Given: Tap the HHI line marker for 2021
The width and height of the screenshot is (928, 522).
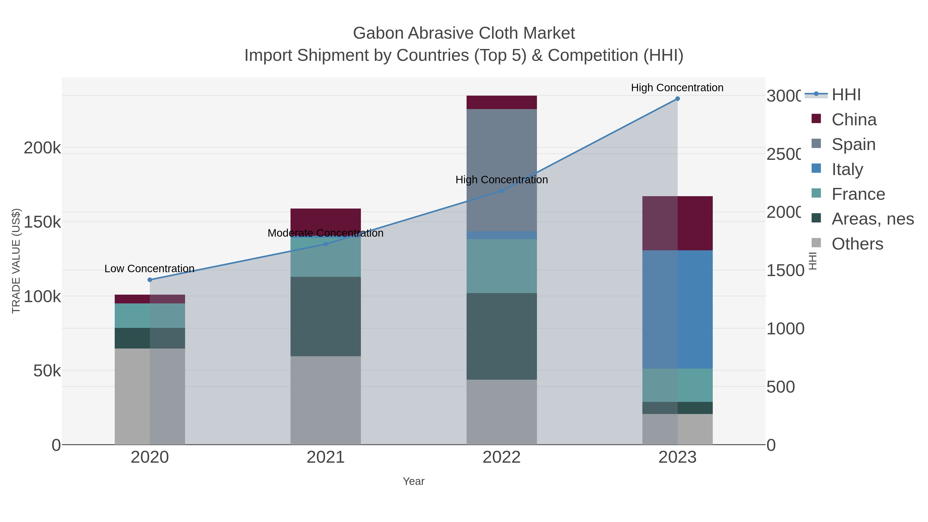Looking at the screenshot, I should pyautogui.click(x=326, y=244).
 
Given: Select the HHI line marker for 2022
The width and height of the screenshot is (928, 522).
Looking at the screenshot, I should pyautogui.click(x=501, y=191).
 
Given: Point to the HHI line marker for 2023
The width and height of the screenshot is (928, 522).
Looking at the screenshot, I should pyautogui.click(x=677, y=99).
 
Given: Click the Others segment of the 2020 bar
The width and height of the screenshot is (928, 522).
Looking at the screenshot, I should pyautogui.click(x=150, y=396).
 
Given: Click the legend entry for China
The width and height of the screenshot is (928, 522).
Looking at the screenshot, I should pyautogui.click(x=854, y=120).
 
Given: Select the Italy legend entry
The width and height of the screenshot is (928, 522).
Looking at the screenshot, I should pyautogui.click(x=847, y=169).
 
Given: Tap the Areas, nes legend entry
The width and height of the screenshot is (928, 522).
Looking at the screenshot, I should pyautogui.click(x=872, y=219).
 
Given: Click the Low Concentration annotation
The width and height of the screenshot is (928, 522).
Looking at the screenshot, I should pyautogui.click(x=150, y=269).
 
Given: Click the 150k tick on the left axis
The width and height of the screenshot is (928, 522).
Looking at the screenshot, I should pyautogui.click(x=42, y=222).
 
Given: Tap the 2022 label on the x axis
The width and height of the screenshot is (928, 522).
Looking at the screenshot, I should pyautogui.click(x=501, y=458).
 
